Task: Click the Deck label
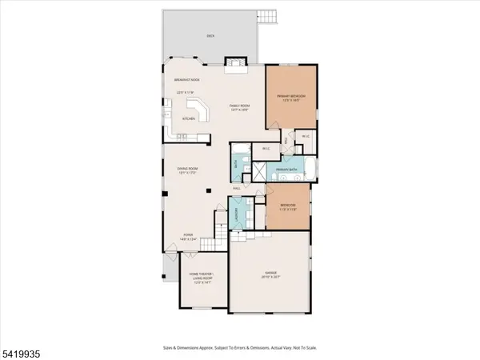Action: click(x=211, y=36)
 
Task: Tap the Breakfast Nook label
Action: click(x=186, y=80)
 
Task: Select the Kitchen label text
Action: click(x=189, y=118)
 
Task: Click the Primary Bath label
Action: click(x=288, y=170)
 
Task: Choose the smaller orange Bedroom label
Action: click(x=288, y=206)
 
